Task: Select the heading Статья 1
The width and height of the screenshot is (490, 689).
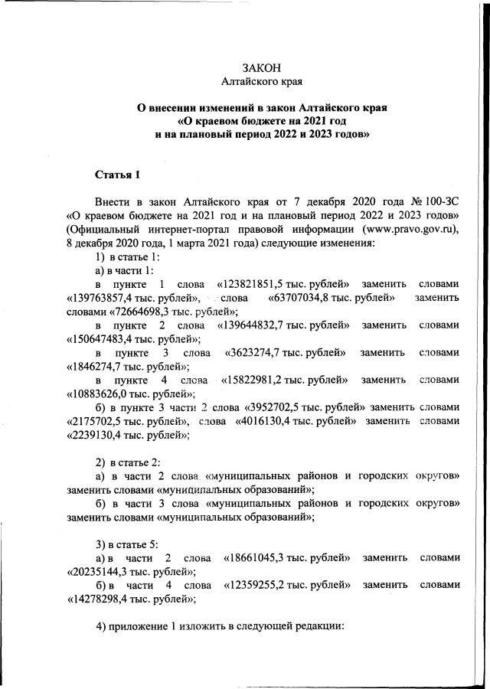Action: tap(117, 175)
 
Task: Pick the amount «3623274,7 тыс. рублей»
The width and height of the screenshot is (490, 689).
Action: tap(284, 352)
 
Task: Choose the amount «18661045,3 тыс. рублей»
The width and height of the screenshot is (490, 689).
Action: tap(286, 558)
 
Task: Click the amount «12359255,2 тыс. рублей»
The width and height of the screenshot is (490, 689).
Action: tap(286, 586)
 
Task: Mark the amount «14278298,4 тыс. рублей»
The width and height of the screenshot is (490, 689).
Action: tap(126, 599)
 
